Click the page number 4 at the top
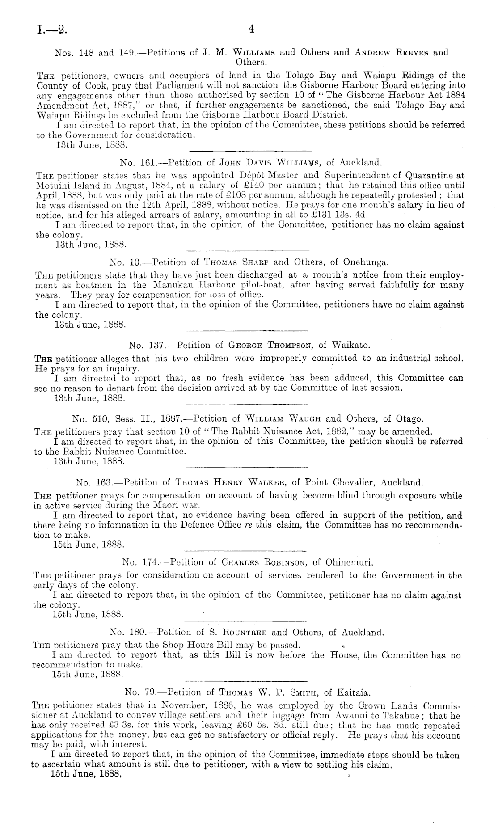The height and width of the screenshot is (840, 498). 251,30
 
